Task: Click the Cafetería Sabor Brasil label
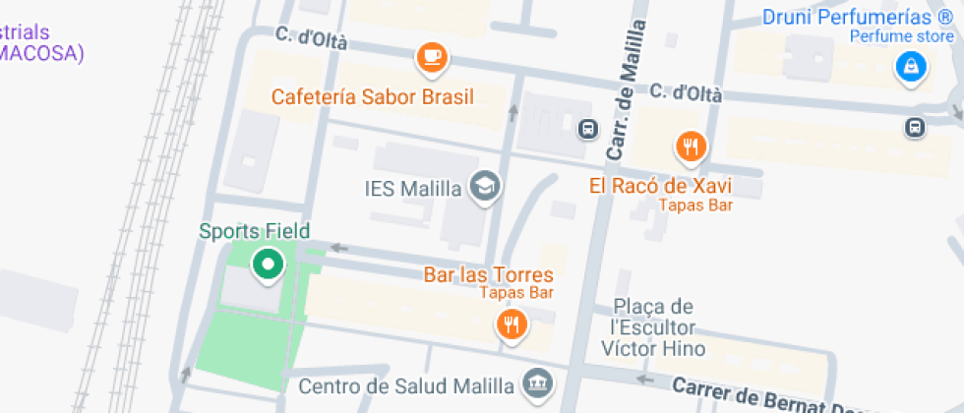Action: click(x=373, y=96)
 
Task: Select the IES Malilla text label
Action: click(x=411, y=188)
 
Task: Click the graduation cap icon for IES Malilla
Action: click(x=483, y=186)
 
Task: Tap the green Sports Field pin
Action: click(x=267, y=264)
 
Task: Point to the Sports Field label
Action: click(x=254, y=231)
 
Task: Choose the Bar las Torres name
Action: click(x=488, y=274)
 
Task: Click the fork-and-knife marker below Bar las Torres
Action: click(x=511, y=324)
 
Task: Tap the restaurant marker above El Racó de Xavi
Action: click(x=692, y=147)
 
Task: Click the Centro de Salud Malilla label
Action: click(x=405, y=384)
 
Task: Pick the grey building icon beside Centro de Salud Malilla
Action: click(x=536, y=383)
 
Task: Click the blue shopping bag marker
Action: click(x=911, y=67)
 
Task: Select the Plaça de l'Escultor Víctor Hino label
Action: click(x=653, y=327)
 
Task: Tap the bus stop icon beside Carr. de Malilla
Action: click(x=587, y=128)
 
